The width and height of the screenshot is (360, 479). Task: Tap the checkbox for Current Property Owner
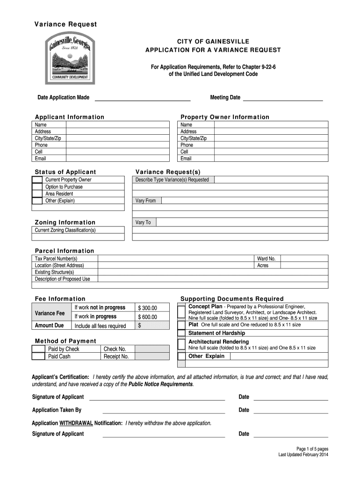(37, 180)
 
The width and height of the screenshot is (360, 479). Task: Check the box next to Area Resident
(37, 194)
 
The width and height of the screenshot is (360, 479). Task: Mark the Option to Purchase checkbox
(37, 187)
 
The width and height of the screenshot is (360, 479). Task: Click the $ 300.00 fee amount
(148, 308)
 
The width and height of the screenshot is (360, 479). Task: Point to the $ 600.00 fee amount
(148, 317)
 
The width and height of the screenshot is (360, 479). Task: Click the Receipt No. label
(116, 356)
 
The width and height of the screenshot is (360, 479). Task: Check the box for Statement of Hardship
(181, 333)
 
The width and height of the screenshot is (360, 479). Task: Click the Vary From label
(145, 201)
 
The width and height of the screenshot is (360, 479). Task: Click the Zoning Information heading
(65, 222)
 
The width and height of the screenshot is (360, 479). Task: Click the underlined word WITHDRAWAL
(76, 423)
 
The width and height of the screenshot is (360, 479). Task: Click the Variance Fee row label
(50, 313)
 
